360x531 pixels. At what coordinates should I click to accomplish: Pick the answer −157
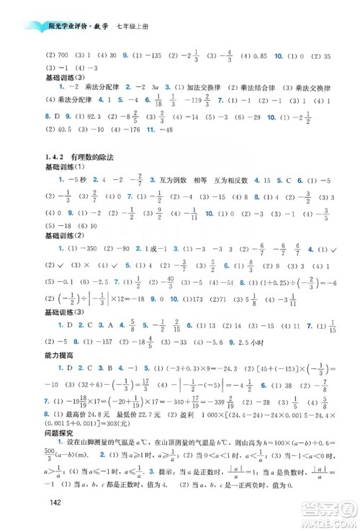click(x=100, y=344)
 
